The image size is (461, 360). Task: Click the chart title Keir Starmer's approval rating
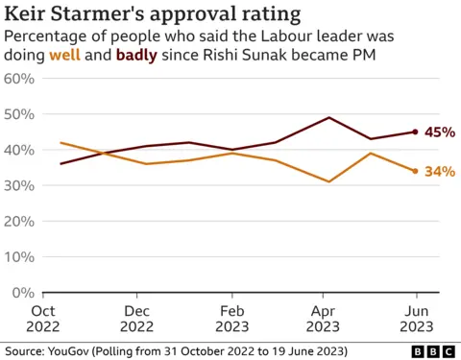(x=152, y=14)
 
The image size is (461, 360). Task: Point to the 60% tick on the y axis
(x=20, y=78)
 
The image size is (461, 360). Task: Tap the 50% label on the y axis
(x=20, y=114)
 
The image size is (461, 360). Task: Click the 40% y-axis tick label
(x=20, y=150)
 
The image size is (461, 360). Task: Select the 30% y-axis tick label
(x=20, y=185)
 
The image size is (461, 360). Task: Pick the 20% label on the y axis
(x=20, y=221)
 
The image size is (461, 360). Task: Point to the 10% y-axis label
(x=20, y=256)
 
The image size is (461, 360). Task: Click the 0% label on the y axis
(x=24, y=292)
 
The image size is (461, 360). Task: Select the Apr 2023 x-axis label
(x=329, y=319)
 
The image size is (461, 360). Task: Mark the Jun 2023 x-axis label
(x=415, y=319)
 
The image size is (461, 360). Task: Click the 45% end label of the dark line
(x=439, y=132)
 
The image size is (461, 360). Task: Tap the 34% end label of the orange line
(x=439, y=172)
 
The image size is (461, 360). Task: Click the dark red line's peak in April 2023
(x=329, y=118)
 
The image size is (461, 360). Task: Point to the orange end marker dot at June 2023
(x=415, y=171)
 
